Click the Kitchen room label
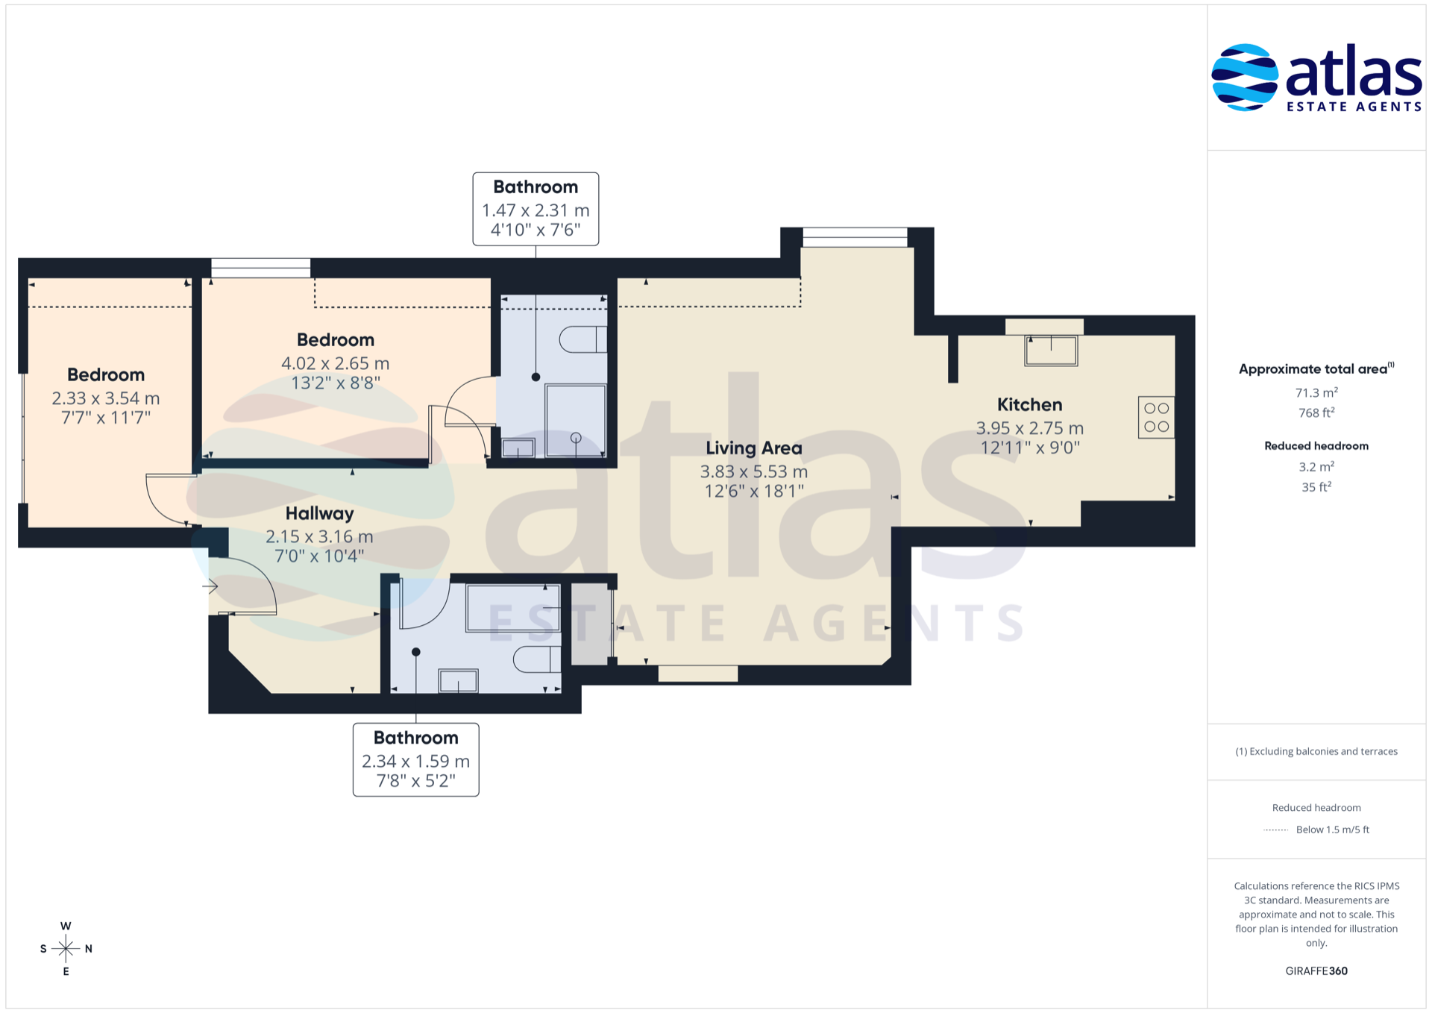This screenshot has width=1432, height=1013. (x=1029, y=405)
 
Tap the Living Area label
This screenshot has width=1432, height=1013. (x=754, y=448)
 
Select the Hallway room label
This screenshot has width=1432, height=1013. (x=319, y=513)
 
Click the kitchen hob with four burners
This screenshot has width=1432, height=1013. (x=1156, y=418)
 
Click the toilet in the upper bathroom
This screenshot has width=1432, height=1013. (x=583, y=339)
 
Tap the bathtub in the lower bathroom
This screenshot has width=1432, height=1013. (x=513, y=609)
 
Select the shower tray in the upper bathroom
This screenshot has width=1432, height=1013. (x=575, y=421)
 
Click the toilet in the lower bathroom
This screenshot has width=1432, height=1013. (x=537, y=659)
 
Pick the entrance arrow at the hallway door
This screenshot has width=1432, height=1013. (x=210, y=586)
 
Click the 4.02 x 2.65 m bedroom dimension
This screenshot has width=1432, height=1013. (x=335, y=364)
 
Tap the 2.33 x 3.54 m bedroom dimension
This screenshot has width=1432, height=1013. (x=106, y=399)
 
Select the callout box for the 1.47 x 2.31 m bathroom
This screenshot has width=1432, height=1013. (x=536, y=209)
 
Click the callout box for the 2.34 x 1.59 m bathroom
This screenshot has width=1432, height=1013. (x=416, y=759)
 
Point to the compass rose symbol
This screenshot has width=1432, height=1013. (x=66, y=949)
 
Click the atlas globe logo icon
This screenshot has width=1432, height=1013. (x=1245, y=78)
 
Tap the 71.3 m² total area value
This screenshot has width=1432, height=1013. (x=1316, y=392)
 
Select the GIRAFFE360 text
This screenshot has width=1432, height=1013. (x=1316, y=971)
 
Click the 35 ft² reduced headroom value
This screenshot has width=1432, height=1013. (x=1316, y=487)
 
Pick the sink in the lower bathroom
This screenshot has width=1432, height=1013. (x=458, y=681)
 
